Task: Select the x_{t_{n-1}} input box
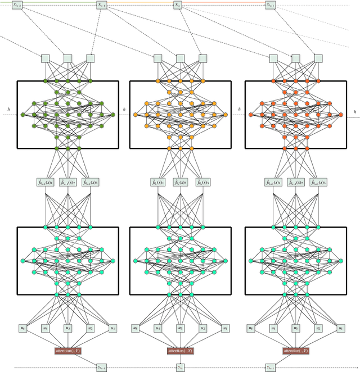pyautogui.click(x=101, y=4)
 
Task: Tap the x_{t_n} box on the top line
pyautogui.click(x=178, y=4)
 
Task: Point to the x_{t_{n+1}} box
pyautogui.click(x=270, y=4)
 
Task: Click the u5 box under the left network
pyautogui.click(x=22, y=328)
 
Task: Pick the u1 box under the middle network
pyautogui.click(x=226, y=328)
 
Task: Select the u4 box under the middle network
pyautogui.click(x=158, y=328)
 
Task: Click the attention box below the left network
pyautogui.click(x=67, y=351)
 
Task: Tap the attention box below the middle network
pyautogui.click(x=181, y=351)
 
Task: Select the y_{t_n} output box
pyautogui.click(x=181, y=367)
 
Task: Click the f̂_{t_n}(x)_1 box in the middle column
pyautogui.click(x=158, y=182)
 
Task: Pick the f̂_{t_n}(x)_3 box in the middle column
pyautogui.click(x=203, y=182)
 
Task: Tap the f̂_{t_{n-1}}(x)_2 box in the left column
pyautogui.click(x=67, y=182)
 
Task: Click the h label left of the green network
pyautogui.click(x=8, y=108)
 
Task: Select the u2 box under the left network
pyautogui.click(x=90, y=328)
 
